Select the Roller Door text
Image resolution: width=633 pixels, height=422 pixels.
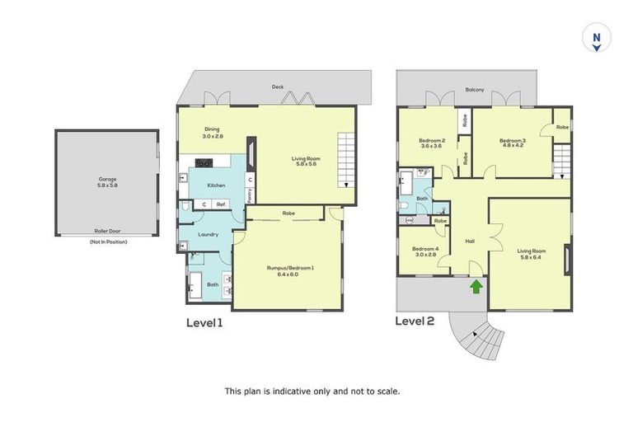107,232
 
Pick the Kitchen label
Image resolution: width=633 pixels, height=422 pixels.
216,185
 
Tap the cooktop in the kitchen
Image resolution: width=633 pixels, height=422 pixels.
204,162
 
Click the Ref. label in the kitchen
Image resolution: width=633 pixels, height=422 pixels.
221,204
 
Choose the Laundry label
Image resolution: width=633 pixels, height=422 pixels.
209,235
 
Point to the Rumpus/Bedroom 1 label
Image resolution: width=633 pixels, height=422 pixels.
290,270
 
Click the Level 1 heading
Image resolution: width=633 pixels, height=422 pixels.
204,322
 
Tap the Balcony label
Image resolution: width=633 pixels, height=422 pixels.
474,89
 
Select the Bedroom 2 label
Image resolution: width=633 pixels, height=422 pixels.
432,143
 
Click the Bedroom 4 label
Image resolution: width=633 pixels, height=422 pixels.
424,251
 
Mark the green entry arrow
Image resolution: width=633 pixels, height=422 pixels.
476,286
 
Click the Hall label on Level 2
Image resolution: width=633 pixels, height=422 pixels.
470,241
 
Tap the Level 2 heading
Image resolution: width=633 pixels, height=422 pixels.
415,321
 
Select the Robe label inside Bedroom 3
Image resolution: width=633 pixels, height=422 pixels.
561,128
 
